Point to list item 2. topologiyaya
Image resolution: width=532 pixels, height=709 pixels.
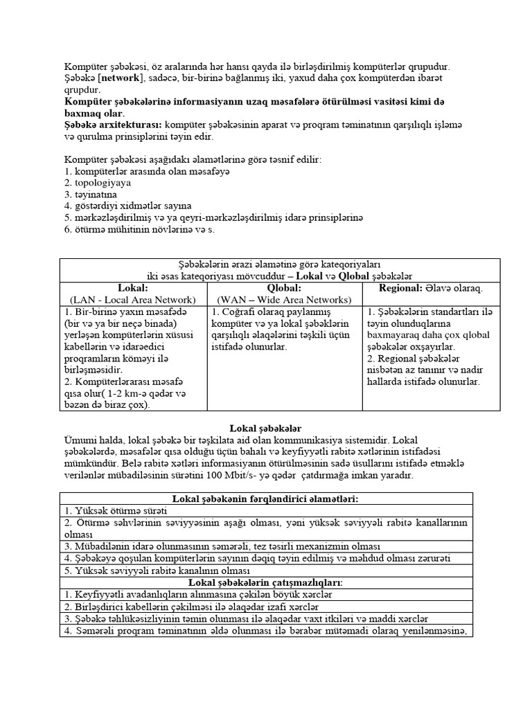coord(98,183)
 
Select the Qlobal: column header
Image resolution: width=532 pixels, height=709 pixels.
coord(285,287)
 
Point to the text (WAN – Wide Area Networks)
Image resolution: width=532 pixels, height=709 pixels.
coord(285,299)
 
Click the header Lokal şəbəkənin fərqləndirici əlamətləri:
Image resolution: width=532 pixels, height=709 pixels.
coord(266,499)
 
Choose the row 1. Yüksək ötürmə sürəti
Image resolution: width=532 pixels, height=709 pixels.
coord(111,510)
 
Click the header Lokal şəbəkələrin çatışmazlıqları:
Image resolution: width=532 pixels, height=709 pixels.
coord(266,582)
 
